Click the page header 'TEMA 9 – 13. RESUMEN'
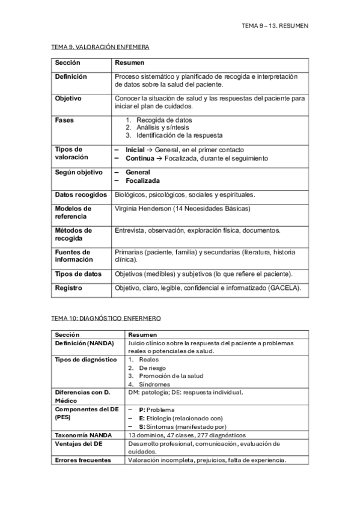274,26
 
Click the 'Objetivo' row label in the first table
69,98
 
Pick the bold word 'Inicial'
135,150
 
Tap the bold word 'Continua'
139,158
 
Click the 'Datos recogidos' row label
81,195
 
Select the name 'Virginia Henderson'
142,209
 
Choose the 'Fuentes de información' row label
73,256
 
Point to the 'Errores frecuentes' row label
83,460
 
